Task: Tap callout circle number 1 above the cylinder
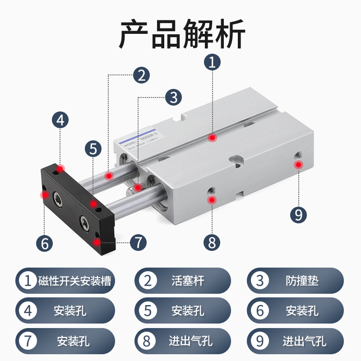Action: (212, 63)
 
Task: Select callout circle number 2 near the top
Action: (141, 75)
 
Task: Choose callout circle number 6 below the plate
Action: (44, 243)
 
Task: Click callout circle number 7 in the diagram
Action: (138, 242)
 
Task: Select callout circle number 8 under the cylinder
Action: (212, 243)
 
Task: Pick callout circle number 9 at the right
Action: (298, 214)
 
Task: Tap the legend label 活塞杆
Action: (188, 281)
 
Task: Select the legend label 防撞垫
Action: (302, 281)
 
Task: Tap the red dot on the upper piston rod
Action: (108, 176)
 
